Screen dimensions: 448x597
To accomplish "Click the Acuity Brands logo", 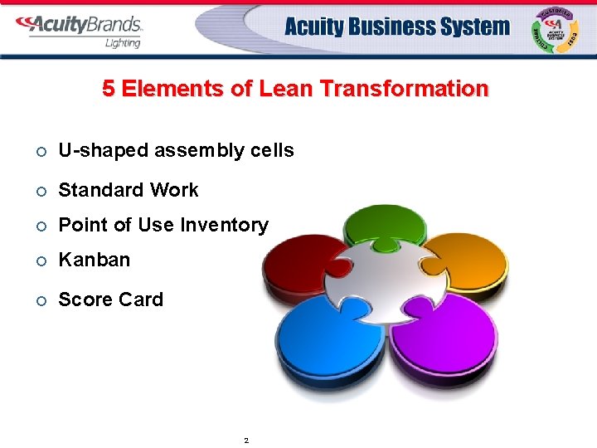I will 79,26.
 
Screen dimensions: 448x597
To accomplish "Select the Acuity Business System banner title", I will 396,27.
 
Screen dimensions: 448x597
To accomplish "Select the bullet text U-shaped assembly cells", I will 176,150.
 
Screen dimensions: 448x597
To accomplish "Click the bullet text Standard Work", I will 129,190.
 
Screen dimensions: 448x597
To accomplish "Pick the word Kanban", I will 95,260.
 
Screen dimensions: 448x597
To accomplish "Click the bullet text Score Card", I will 111,299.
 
